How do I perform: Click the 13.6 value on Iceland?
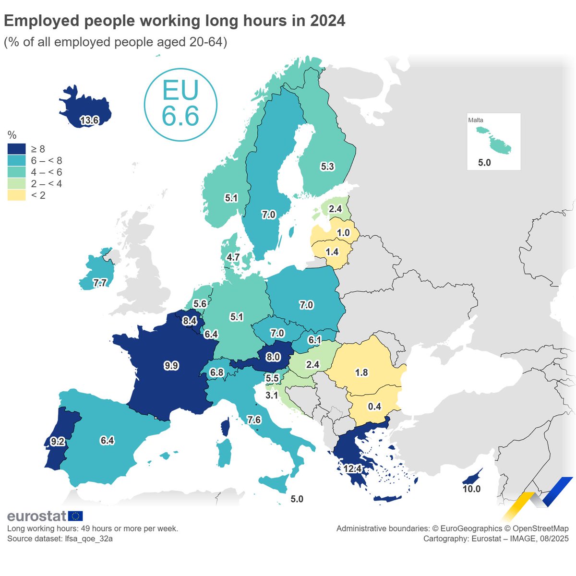tap(89, 120)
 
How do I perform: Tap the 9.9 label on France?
tap(171, 366)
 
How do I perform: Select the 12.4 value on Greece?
tap(352, 468)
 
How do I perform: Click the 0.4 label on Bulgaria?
tap(374, 407)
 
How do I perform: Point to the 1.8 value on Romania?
tap(361, 372)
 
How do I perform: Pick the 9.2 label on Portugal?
tap(58, 442)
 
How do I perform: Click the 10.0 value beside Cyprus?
tap(471, 489)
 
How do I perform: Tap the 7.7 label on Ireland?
tap(100, 283)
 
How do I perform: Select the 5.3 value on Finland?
tap(327, 167)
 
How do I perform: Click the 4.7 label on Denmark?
tap(233, 257)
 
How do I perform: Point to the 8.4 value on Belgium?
tap(190, 321)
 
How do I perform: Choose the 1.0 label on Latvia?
tap(343, 233)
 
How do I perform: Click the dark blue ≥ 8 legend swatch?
tap(16, 149)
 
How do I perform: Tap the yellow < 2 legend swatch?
tap(16, 195)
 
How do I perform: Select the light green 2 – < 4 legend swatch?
tap(16, 184)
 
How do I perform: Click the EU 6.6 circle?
tap(180, 105)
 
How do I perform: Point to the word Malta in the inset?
tap(476, 120)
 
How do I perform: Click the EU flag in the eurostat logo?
tap(75, 516)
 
